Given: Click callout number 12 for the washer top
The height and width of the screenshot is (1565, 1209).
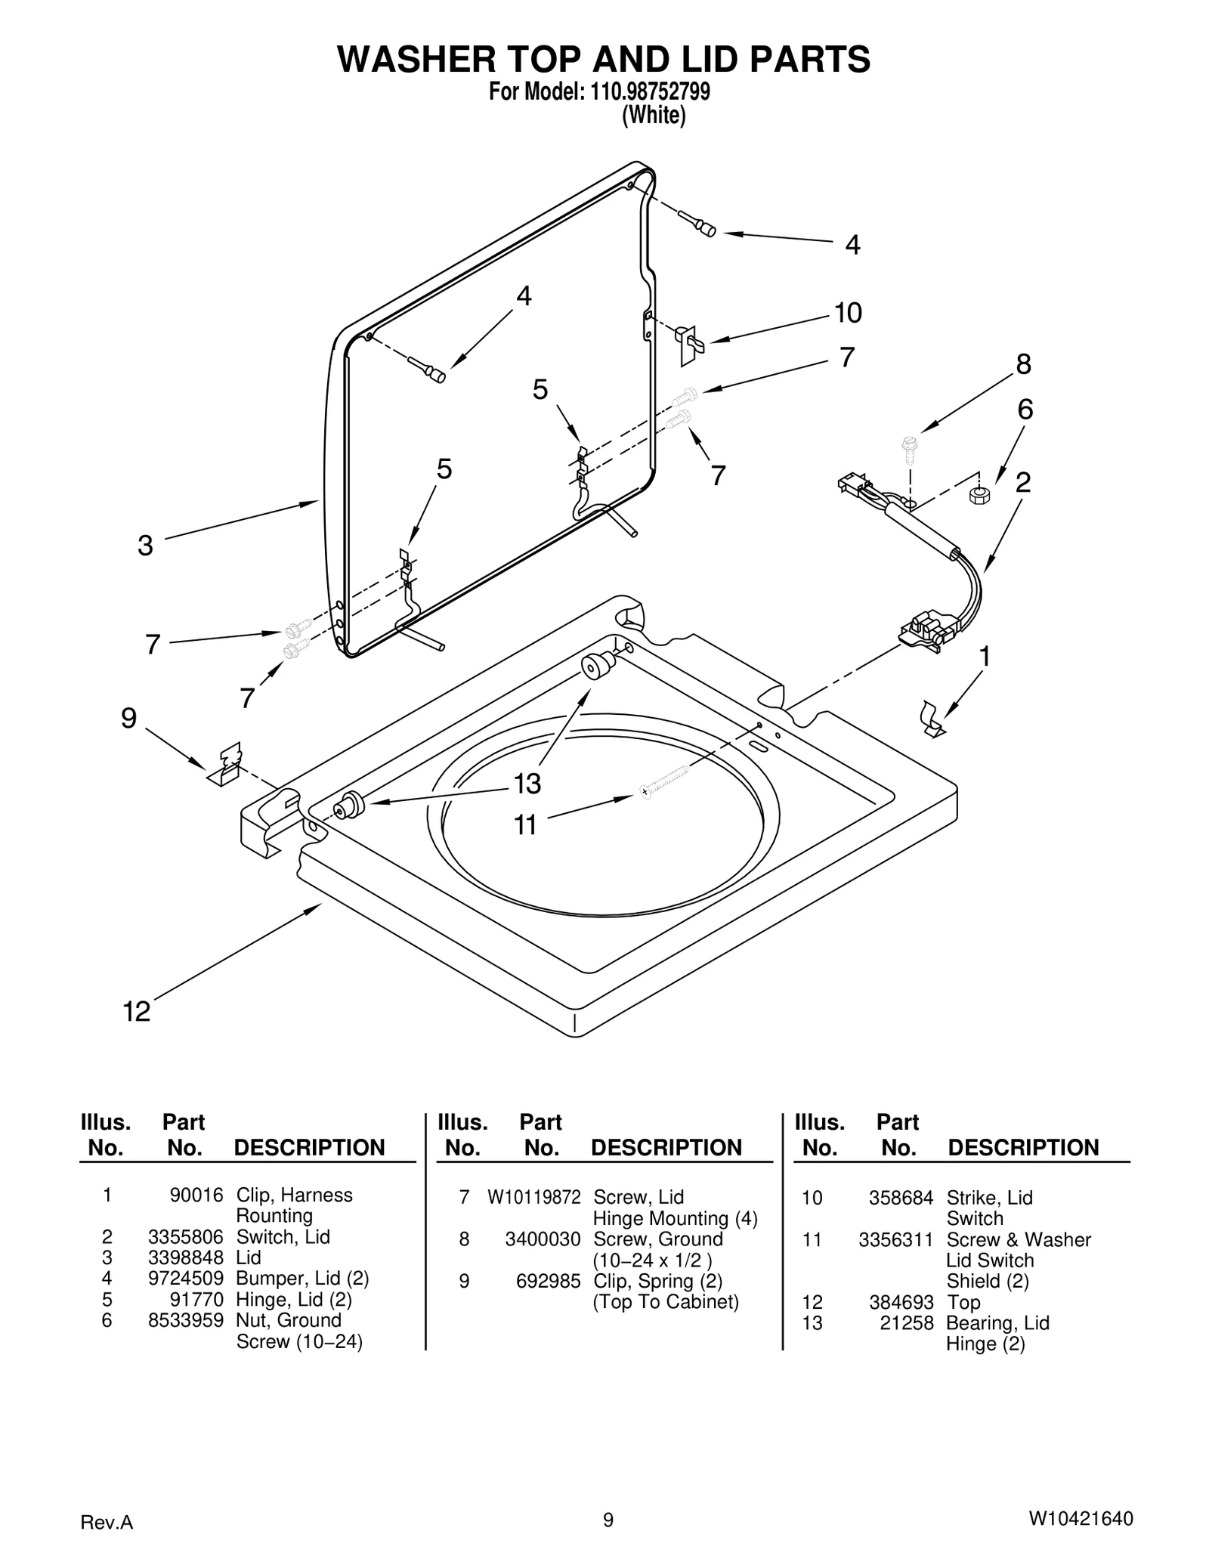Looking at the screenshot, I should click(x=137, y=1011).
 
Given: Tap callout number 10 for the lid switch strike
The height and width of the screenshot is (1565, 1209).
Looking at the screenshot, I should click(x=848, y=312).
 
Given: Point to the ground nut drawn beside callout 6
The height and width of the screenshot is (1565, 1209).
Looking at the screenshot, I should click(x=979, y=496).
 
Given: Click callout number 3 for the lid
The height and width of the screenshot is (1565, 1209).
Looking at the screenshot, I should click(x=145, y=545).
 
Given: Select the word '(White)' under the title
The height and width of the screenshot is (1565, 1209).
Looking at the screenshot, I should click(x=653, y=116).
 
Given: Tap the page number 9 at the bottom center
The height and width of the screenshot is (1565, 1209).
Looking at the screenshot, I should click(x=608, y=1519).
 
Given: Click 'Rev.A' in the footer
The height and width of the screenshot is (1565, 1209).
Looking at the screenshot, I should click(x=107, y=1522).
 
